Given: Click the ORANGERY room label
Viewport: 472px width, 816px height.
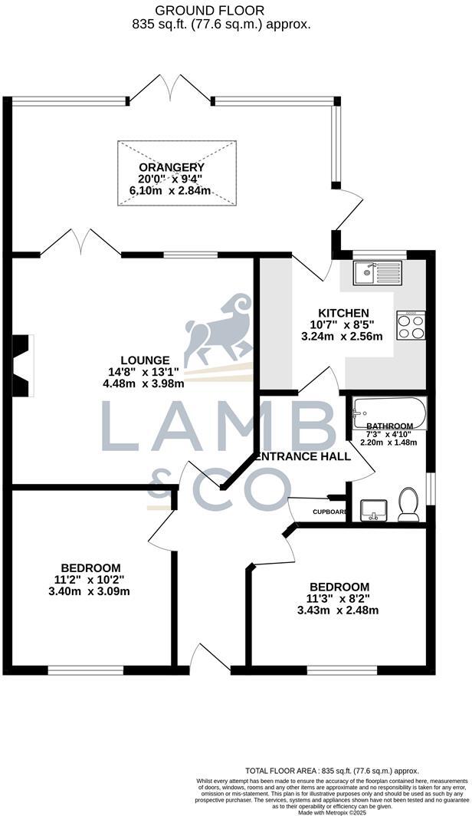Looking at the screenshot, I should [161, 168].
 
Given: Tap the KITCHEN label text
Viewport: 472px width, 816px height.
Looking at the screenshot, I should [344, 313].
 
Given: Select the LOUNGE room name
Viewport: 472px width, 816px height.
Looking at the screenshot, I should [145, 360].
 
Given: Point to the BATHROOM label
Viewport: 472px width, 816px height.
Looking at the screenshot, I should [389, 426].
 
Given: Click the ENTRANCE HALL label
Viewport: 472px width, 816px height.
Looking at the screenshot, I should [303, 456].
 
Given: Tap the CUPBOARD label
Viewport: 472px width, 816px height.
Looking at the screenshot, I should [329, 512].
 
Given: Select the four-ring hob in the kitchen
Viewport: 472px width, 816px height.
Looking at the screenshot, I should [411, 325].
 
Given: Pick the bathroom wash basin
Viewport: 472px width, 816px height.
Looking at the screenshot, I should [373, 508].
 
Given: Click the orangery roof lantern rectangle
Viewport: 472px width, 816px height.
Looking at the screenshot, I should [175, 173].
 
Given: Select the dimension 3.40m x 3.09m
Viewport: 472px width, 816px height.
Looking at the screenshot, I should [87, 591].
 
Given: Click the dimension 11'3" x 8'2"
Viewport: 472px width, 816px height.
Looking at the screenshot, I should [338, 599].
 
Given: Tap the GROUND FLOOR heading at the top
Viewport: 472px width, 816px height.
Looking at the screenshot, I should [209, 11].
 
